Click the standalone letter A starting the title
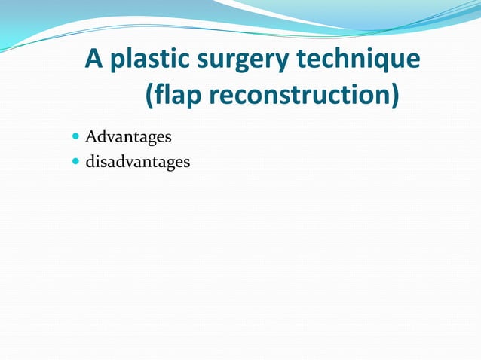click(x=93, y=59)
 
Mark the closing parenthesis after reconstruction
click(x=394, y=96)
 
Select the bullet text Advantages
click(x=128, y=137)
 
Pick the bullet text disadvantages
click(x=137, y=161)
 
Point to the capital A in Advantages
click(x=91, y=137)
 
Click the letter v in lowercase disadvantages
click(x=127, y=162)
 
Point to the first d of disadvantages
click(x=90, y=161)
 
